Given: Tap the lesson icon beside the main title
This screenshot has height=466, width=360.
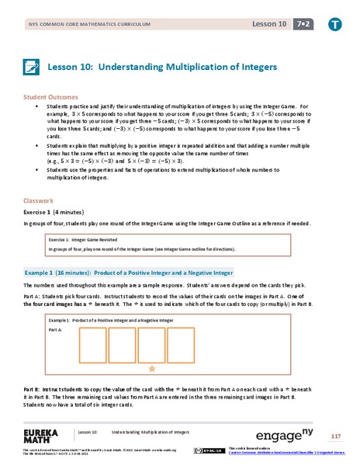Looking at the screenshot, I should [x=32, y=68].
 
